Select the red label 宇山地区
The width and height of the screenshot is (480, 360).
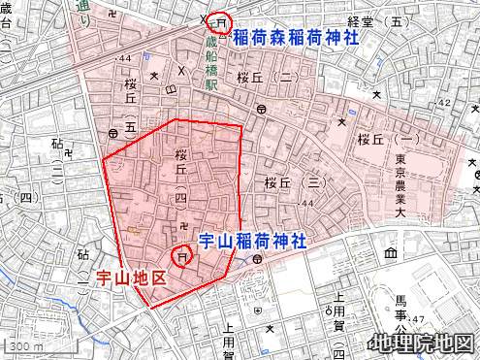[132, 278]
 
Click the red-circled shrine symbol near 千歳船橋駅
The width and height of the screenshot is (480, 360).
[222, 21]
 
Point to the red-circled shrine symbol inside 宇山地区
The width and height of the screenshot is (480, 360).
[181, 256]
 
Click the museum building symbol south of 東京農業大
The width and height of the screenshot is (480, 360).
[391, 254]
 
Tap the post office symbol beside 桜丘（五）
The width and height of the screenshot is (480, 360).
[114, 133]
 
